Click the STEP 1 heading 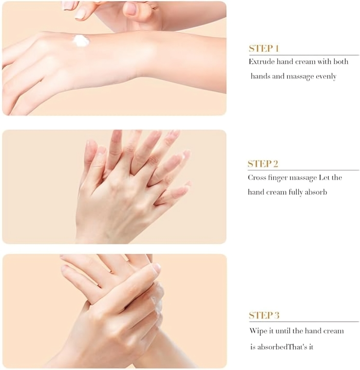pyautogui.click(x=264, y=48)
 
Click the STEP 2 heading pyautogui.click(x=263, y=164)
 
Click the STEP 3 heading pyautogui.click(x=264, y=315)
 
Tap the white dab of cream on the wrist pyautogui.click(x=81, y=41)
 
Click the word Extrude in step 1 pyautogui.click(x=262, y=62)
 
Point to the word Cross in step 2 pyautogui.click(x=258, y=177)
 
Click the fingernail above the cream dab pyautogui.click(x=80, y=14)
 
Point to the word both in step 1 pyautogui.click(x=341, y=62)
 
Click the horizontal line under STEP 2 pyautogui.click(x=303, y=170)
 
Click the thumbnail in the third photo pyautogui.click(x=156, y=268)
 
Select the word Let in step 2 pyautogui.click(x=323, y=177)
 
